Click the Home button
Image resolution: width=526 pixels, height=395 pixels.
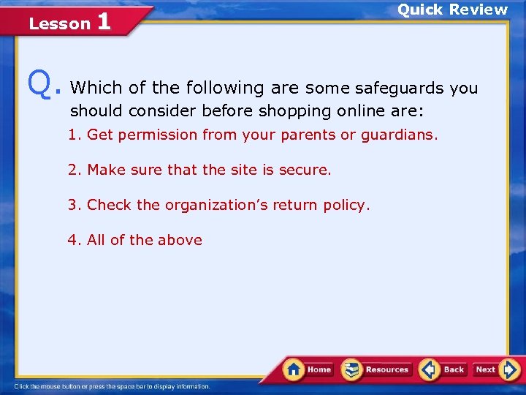click(x=308, y=369)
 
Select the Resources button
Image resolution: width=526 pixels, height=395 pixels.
click(x=377, y=369)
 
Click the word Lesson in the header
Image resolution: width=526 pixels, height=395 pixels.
click(x=59, y=23)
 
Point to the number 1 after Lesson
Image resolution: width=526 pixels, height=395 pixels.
click(x=103, y=21)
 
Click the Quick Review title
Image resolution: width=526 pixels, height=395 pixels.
click(x=451, y=10)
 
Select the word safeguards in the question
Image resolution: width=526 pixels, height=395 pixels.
click(x=399, y=89)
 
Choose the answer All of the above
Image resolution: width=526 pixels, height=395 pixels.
click(x=135, y=240)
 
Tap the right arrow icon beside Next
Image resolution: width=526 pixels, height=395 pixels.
click(x=510, y=369)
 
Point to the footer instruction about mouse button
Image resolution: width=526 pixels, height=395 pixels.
click(x=113, y=386)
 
